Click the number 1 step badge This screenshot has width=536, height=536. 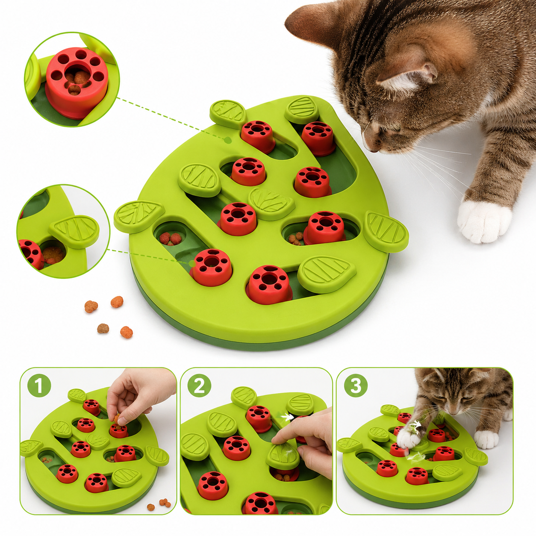[39, 386]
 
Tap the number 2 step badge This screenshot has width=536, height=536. [199, 386]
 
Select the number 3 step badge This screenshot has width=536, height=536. [356, 386]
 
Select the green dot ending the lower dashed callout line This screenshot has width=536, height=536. [191, 263]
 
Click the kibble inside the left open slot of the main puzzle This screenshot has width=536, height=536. [170, 239]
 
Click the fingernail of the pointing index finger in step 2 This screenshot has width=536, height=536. [277, 439]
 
